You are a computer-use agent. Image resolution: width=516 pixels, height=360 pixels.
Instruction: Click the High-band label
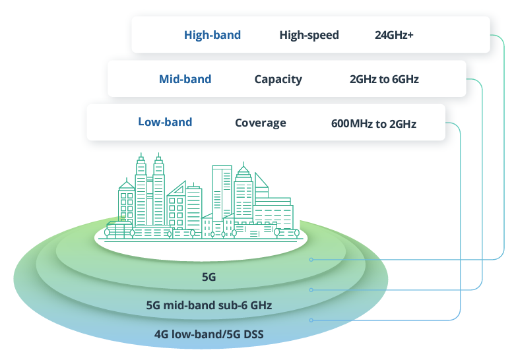pos(212,35)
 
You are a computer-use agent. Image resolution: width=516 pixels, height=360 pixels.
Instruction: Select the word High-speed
pos(309,35)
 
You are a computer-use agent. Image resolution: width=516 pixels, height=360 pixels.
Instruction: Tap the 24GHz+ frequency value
pos(394,35)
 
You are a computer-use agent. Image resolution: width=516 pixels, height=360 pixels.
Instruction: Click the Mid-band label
pos(185,79)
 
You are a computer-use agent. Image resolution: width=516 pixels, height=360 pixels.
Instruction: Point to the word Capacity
pos(278,79)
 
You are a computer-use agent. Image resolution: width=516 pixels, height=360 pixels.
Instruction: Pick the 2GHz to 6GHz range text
pos(384,79)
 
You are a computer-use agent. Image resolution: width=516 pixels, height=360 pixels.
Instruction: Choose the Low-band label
pos(165,122)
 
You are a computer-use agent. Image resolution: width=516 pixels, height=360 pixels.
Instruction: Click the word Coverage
pos(260,123)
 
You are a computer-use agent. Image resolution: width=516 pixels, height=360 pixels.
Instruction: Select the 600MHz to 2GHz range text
pos(373,123)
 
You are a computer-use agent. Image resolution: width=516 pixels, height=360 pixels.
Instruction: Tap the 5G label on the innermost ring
pos(209,278)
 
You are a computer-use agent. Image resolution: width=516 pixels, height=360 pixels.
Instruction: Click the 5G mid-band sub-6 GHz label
pos(209,305)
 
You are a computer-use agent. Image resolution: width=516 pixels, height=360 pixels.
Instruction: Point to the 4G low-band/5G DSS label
pos(209,334)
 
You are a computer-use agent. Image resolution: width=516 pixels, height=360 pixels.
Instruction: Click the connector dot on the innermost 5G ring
pos(311,260)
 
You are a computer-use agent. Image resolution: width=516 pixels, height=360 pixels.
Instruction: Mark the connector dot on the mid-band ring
pos(311,289)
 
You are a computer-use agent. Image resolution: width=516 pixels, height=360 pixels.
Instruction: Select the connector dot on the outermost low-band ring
pos(311,320)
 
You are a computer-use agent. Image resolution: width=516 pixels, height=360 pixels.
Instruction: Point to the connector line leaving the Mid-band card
pos(484,185)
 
